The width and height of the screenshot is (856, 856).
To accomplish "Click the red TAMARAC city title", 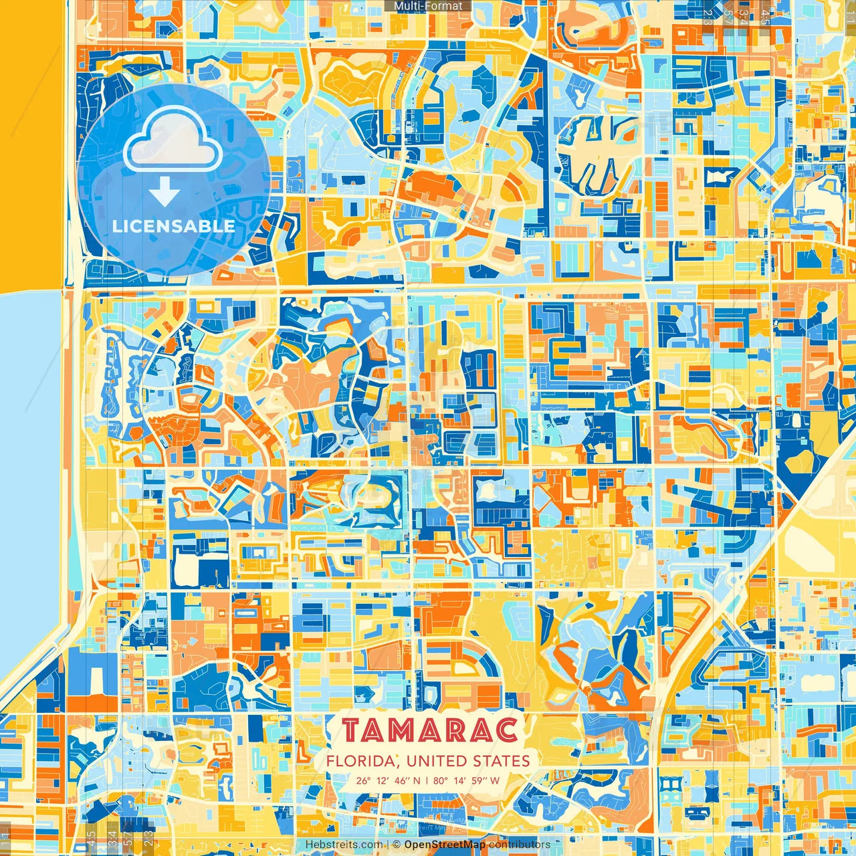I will tap(429, 731).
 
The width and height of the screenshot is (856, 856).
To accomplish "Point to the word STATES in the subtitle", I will tap(502, 761).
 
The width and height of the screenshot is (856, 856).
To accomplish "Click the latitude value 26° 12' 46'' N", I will tap(389, 780).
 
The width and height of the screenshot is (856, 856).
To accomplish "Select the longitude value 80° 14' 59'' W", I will tap(466, 780).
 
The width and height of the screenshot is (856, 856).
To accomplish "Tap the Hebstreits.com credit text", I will tap(344, 845).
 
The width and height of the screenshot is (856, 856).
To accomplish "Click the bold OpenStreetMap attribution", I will tap(445, 845).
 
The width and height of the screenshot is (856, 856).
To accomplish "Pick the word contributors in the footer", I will tap(520, 845).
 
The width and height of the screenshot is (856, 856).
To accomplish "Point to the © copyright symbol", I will tap(397, 845).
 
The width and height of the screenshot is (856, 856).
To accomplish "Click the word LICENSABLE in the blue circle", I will tap(174, 226).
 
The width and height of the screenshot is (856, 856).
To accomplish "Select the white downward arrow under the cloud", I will tap(165, 193).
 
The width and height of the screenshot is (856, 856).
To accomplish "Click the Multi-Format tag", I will tap(428, 6).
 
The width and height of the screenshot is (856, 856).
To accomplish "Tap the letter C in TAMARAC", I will tap(507, 731).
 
